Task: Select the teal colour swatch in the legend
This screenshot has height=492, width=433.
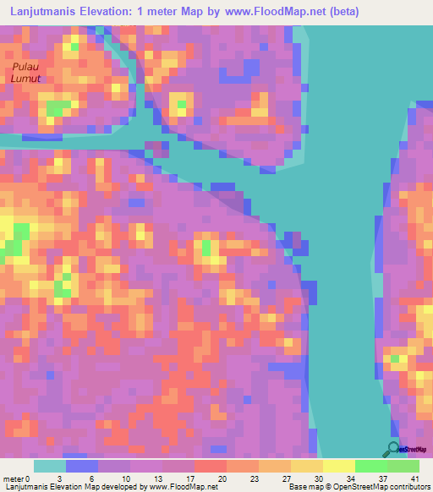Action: [50, 466]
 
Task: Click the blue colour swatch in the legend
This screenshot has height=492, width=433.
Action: [82, 466]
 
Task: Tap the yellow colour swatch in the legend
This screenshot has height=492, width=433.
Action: [338, 466]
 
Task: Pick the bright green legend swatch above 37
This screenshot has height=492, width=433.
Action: [370, 466]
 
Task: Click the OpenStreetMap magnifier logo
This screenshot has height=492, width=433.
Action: [394, 449]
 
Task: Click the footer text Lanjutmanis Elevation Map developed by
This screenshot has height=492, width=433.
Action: [76, 486]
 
